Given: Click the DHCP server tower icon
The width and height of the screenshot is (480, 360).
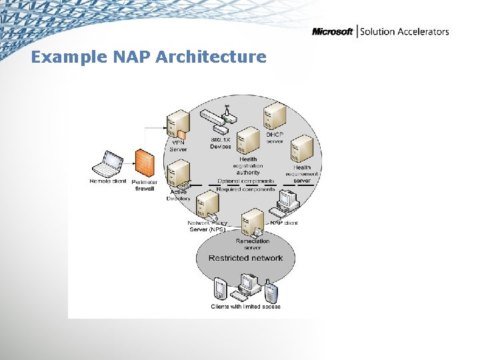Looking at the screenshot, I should coord(274,118).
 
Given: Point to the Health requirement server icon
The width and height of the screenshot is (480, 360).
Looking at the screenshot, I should coord(303,148).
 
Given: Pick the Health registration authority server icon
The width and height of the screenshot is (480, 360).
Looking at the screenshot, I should coord(248,140).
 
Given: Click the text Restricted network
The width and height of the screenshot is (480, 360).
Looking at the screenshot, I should coord(245,258).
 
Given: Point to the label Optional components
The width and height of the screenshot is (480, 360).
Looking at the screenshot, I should coord(245,181).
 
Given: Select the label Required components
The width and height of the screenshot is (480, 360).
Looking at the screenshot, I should coord(245,189).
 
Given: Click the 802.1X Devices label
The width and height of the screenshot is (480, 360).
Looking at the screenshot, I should coord(221,143).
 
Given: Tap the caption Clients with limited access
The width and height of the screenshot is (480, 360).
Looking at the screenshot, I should coord(245,307).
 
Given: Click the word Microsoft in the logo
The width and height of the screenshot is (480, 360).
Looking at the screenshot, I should coord(333,31).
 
